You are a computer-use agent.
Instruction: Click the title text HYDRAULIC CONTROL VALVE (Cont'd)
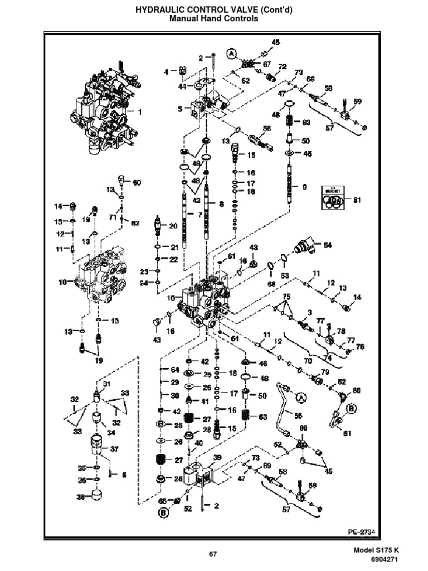[x=213, y=10]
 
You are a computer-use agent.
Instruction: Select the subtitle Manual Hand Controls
[x=213, y=19]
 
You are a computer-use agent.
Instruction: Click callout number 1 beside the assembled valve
[x=139, y=112]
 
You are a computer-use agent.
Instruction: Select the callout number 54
[x=328, y=245]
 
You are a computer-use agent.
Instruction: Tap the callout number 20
[x=173, y=226]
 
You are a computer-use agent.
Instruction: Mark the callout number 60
[x=137, y=182]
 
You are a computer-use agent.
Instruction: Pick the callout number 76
[x=359, y=347]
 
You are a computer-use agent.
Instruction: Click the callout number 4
[x=166, y=71]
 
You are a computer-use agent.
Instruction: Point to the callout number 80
[x=357, y=390]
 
